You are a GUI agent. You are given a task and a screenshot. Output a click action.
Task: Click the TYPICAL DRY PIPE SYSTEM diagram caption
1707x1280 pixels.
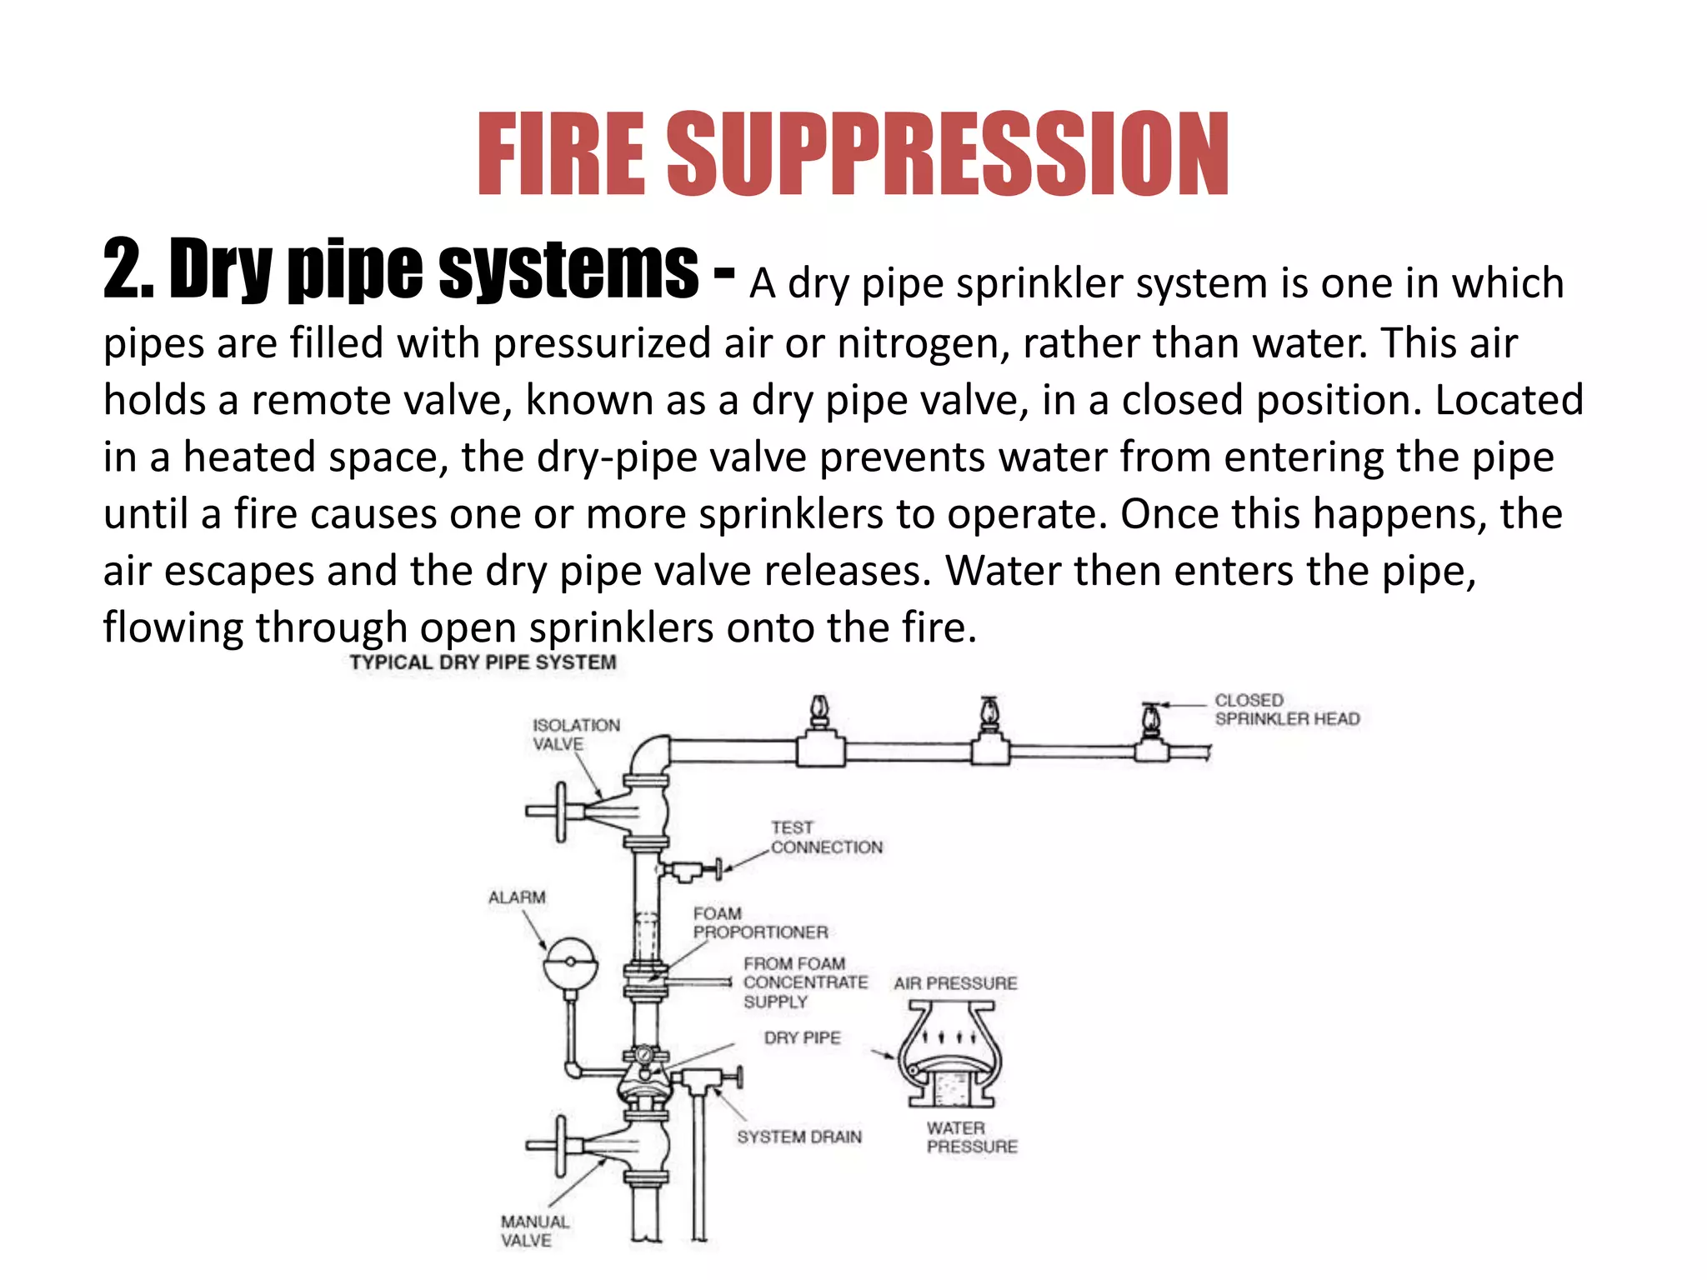coord(483,662)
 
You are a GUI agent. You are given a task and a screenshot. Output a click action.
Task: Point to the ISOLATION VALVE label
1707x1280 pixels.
coord(575,734)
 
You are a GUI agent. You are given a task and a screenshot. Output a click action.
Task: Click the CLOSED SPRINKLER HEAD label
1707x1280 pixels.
coord(1286,709)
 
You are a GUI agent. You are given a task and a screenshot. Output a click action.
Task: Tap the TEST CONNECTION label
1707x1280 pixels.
coord(825,837)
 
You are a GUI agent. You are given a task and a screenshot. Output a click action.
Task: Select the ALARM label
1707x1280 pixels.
coord(517,897)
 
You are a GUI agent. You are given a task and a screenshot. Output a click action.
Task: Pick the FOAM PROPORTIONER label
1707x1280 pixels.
coord(759,922)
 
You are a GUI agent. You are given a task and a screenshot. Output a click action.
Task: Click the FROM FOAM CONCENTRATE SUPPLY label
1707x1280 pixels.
coord(804,982)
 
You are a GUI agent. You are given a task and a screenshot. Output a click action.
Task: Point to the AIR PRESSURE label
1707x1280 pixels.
coord(955,983)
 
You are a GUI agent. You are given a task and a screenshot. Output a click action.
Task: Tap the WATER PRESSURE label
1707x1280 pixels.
coord(971,1137)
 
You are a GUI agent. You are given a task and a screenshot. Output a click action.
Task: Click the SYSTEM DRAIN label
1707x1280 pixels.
coord(798,1137)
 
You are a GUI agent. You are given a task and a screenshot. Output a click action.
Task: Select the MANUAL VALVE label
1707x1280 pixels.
coord(533,1231)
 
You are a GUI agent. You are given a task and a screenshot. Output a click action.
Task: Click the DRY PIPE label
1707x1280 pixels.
coord(802,1037)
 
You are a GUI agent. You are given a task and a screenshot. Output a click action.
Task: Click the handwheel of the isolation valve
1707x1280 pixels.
coord(560,811)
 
